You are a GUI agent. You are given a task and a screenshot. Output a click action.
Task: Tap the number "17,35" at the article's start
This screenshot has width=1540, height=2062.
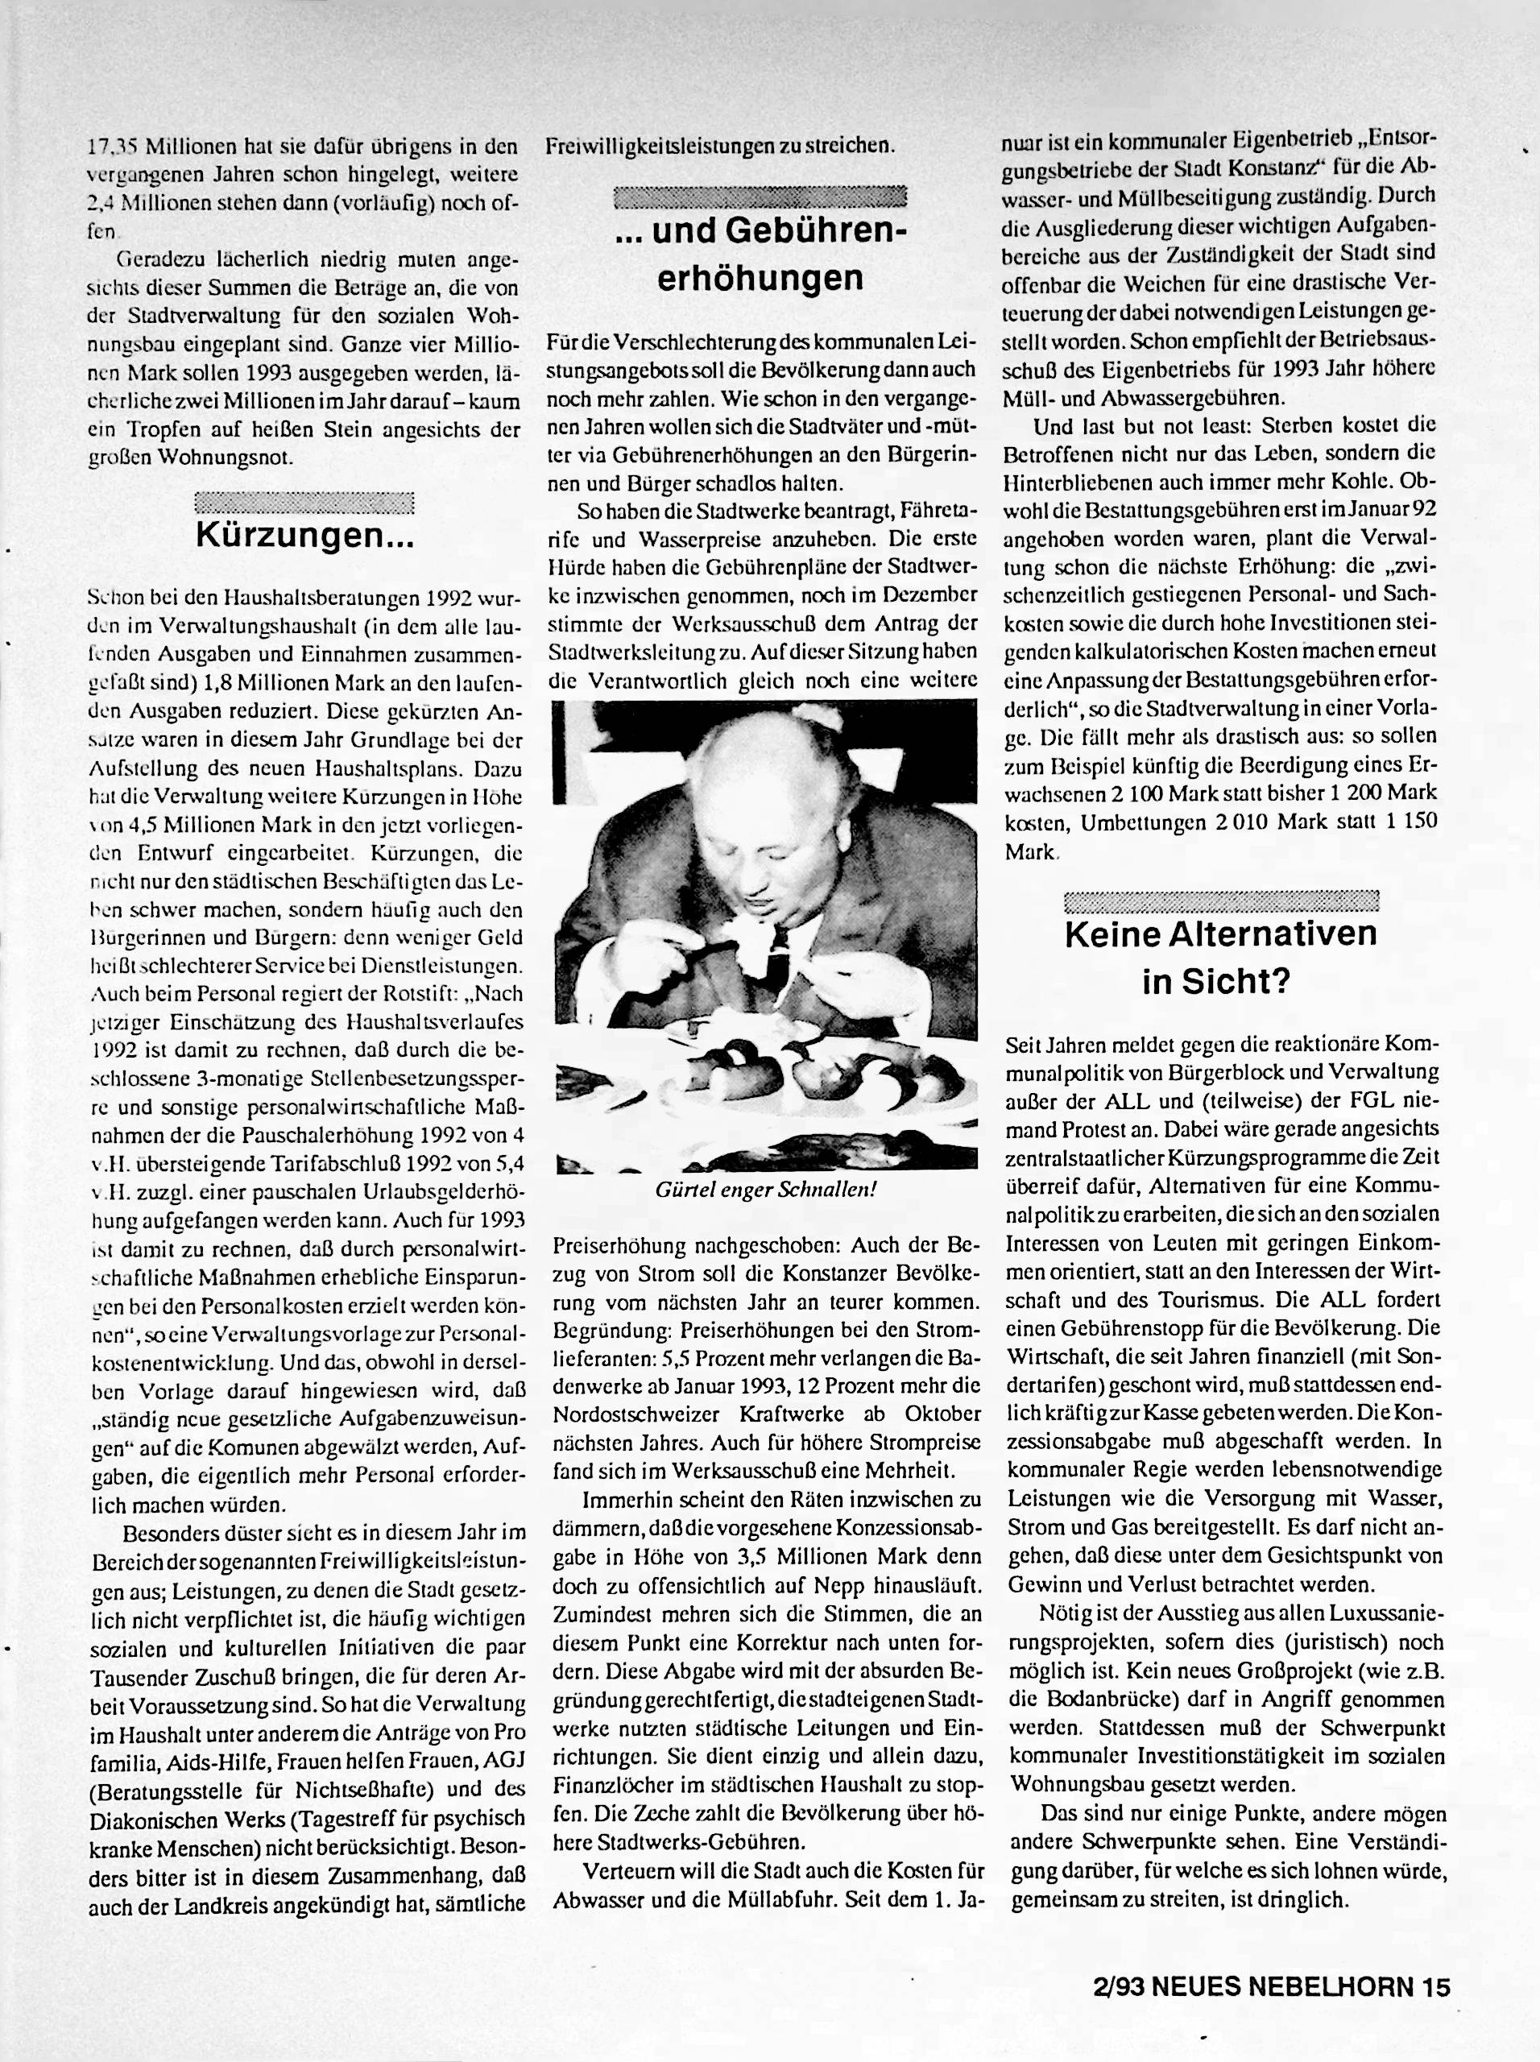point(112,147)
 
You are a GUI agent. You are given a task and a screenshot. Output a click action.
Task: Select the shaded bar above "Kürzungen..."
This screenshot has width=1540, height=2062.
point(304,503)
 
